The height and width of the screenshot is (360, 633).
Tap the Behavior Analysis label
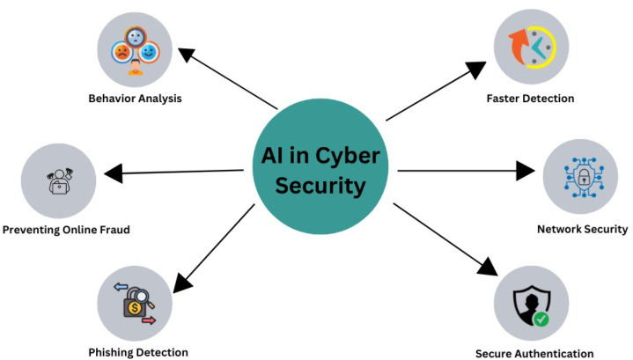click(x=135, y=98)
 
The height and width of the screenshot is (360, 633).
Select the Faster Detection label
click(x=530, y=98)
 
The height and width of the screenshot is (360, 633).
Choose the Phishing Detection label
click(x=138, y=352)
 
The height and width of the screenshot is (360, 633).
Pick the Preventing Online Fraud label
click(x=66, y=231)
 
